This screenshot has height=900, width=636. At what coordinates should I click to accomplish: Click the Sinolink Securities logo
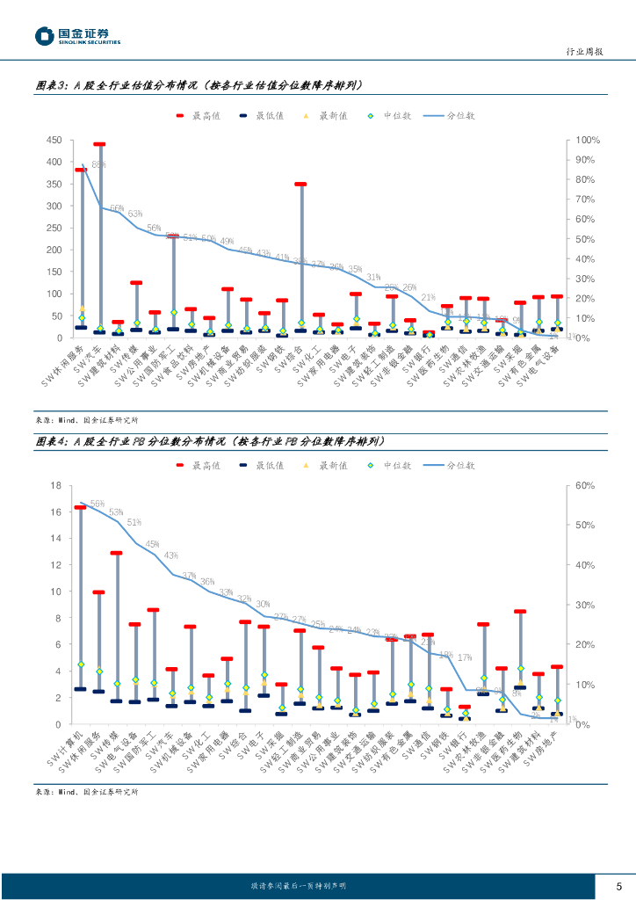pyautogui.click(x=77, y=36)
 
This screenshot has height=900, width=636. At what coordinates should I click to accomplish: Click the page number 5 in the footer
pyautogui.click(x=618, y=885)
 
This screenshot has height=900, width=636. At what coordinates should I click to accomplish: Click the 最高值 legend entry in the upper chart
pyautogui.click(x=199, y=115)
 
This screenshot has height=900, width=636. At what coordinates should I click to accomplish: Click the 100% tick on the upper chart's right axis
pyautogui.click(x=588, y=141)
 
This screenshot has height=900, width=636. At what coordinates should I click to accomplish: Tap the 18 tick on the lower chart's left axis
pyautogui.click(x=55, y=485)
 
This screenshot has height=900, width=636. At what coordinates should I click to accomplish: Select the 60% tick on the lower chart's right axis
pyautogui.click(x=585, y=485)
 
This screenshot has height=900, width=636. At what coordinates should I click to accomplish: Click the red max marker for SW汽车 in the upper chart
pyautogui.click(x=99, y=144)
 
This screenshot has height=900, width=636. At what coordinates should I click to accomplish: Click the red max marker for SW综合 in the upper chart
pyautogui.click(x=300, y=185)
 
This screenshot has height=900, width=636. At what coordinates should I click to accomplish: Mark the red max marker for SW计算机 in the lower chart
pyautogui.click(x=80, y=507)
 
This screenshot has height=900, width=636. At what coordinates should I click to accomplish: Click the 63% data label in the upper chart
pyautogui.click(x=135, y=214)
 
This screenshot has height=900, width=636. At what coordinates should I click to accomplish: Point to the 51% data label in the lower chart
pyautogui.click(x=134, y=522)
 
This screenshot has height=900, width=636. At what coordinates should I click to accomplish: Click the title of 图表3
pyautogui.click(x=199, y=86)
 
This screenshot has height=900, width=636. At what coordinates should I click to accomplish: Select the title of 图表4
pyautogui.click(x=209, y=441)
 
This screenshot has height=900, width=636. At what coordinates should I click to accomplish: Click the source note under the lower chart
pyautogui.click(x=86, y=792)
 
